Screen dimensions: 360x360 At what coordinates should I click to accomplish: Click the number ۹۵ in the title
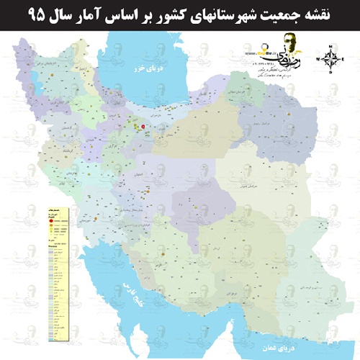pyautogui.click(x=19, y=13)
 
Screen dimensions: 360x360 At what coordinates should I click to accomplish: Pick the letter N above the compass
pyautogui.click(x=330, y=47)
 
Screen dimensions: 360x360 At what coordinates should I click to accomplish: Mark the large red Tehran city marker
pyautogui.click(x=143, y=126)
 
